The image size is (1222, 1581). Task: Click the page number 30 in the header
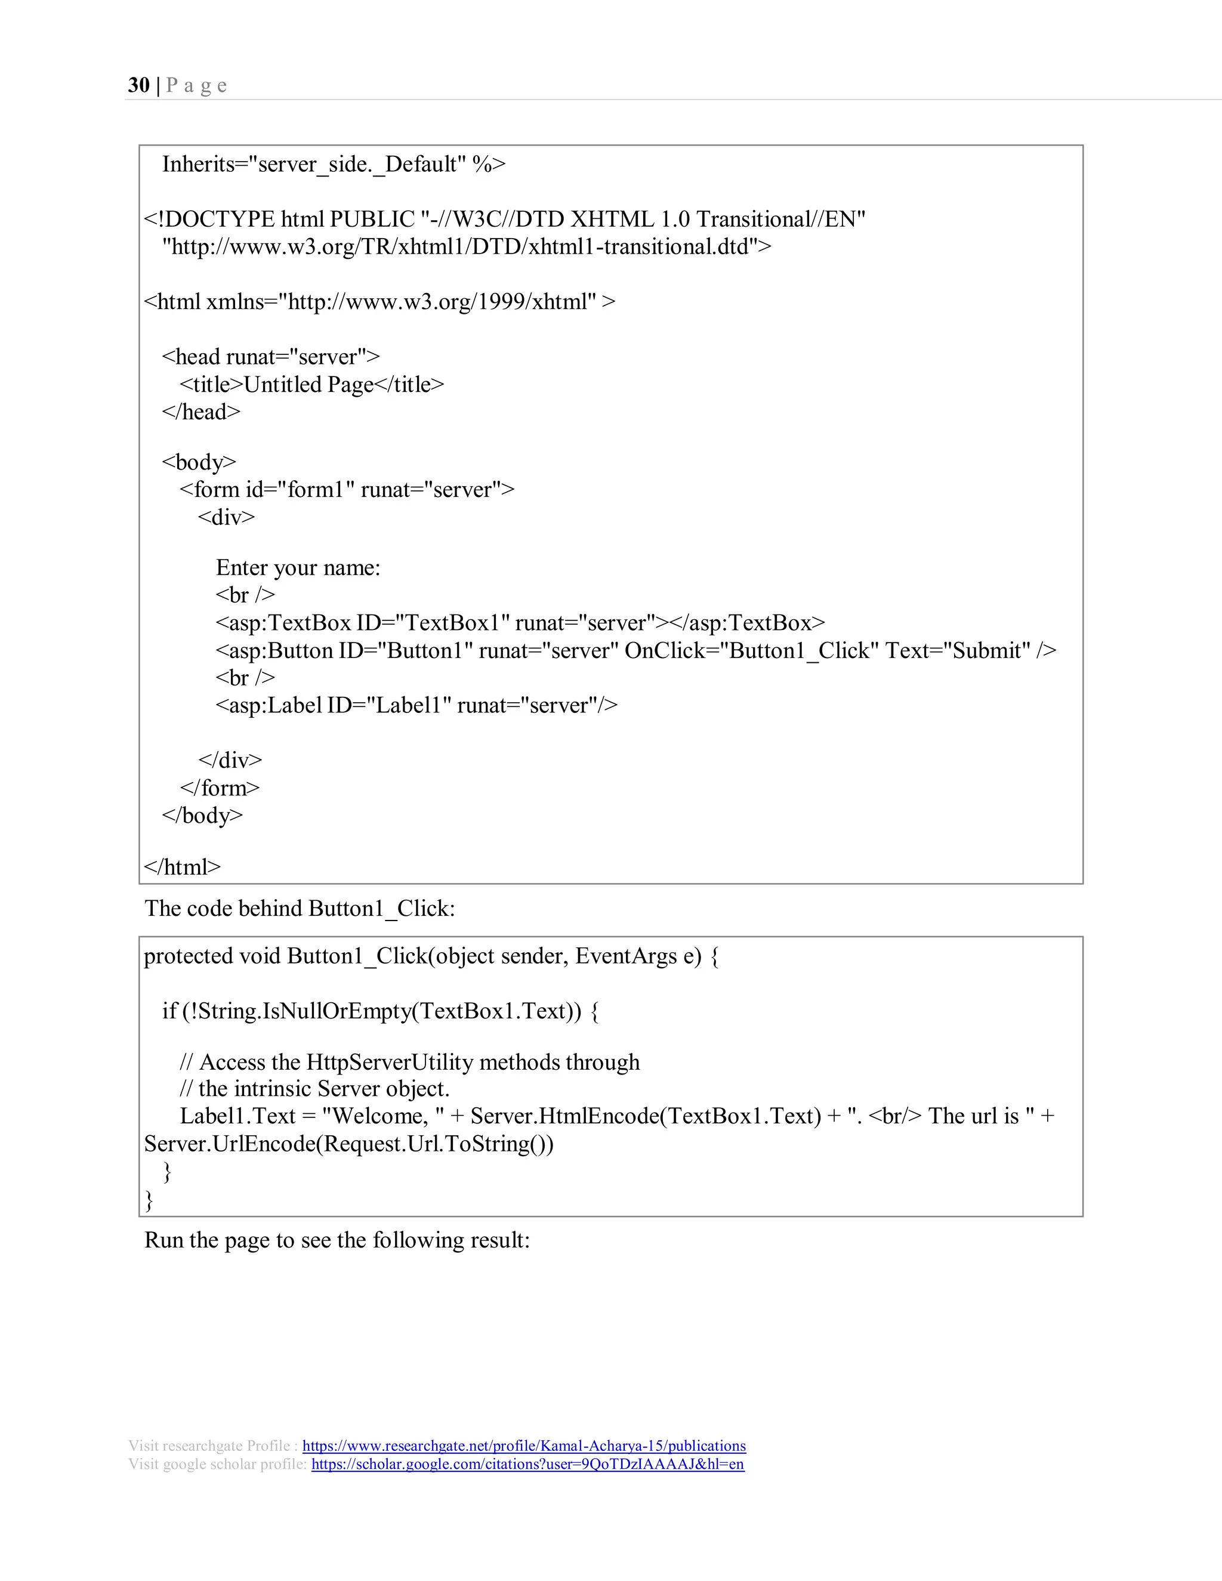coord(138,85)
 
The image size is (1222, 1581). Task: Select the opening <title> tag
coord(211,384)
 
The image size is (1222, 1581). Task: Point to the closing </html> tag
coord(183,866)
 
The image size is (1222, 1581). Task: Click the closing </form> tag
coord(220,788)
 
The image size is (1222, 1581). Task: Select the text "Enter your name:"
coord(298,567)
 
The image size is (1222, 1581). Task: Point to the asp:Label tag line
coord(416,705)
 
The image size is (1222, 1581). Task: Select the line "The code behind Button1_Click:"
coord(300,909)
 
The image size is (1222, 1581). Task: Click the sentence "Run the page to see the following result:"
coord(337,1240)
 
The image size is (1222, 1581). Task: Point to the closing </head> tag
coord(201,412)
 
